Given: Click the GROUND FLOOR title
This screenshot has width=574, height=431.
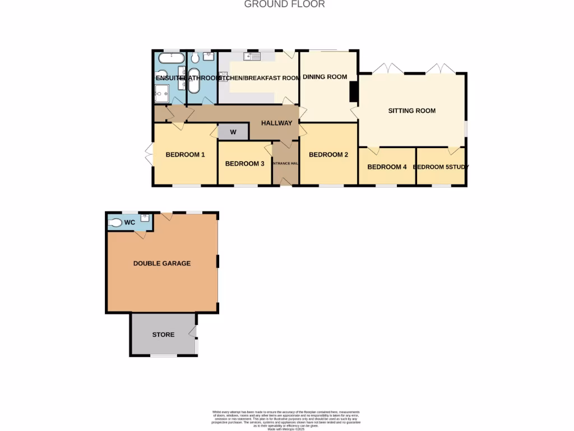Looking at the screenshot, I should pyautogui.click(x=284, y=4).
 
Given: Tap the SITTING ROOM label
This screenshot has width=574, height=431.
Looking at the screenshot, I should pyautogui.click(x=411, y=111).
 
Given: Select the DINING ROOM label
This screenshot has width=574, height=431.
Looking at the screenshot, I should pyautogui.click(x=325, y=77).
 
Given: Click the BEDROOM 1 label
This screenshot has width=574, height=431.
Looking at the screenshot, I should pyautogui.click(x=185, y=155).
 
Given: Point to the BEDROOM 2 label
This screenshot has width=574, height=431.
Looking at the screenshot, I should pyautogui.click(x=328, y=155).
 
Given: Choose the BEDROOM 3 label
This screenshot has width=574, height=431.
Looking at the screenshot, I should pyautogui.click(x=244, y=164).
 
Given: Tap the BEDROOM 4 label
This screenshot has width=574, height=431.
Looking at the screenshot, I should pyautogui.click(x=387, y=167).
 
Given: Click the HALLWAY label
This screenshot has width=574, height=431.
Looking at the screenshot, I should pyautogui.click(x=277, y=123).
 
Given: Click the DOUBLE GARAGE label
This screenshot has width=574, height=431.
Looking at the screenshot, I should pyautogui.click(x=161, y=263).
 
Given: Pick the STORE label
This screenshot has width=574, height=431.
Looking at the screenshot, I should pyautogui.click(x=163, y=334).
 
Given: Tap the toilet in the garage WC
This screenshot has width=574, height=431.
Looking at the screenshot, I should pyautogui.click(x=115, y=223).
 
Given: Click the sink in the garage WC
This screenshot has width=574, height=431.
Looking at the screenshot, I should pyautogui.click(x=145, y=218).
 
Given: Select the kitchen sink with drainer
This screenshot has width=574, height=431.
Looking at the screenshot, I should pyautogui.click(x=252, y=56).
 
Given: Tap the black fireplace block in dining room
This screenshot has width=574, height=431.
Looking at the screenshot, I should pyautogui.click(x=354, y=92).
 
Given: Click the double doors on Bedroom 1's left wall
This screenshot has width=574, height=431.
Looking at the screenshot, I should pyautogui.click(x=149, y=155).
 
